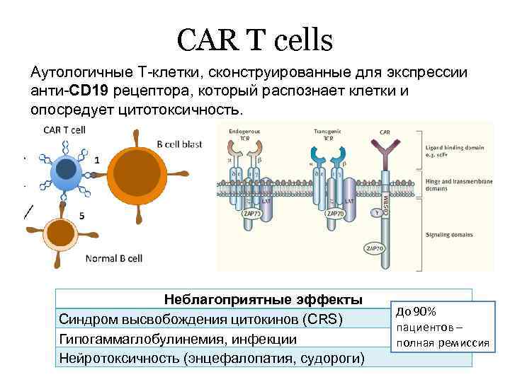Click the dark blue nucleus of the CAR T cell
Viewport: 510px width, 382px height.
(x=67, y=168)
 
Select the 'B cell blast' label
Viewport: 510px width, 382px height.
(x=179, y=144)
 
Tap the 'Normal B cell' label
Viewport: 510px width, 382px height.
(x=115, y=257)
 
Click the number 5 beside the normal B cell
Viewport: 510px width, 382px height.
(x=83, y=216)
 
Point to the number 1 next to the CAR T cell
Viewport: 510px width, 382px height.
(x=96, y=160)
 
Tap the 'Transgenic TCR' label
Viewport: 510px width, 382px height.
(x=328, y=134)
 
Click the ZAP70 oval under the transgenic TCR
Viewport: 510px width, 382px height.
(x=334, y=213)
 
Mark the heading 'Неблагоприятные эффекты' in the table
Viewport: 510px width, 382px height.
(x=263, y=299)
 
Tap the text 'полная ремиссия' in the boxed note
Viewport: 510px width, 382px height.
(x=443, y=344)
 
